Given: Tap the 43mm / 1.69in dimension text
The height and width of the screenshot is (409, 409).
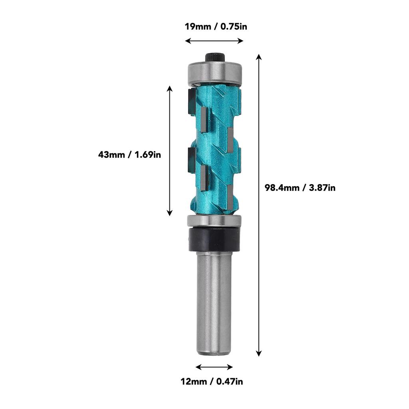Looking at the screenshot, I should click(x=129, y=154).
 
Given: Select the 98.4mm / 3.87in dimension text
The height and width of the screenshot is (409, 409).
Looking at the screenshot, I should click(x=300, y=187).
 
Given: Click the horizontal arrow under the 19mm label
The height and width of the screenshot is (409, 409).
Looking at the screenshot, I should click(x=214, y=41).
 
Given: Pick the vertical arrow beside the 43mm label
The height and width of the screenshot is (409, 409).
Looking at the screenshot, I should click(x=170, y=151).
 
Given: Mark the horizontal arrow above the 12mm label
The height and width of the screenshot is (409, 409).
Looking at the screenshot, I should click(x=214, y=366).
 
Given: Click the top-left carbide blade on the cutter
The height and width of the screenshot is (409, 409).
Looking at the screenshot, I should click(x=190, y=99).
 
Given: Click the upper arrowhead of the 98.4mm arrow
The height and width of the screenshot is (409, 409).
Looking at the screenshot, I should click(x=259, y=57).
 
